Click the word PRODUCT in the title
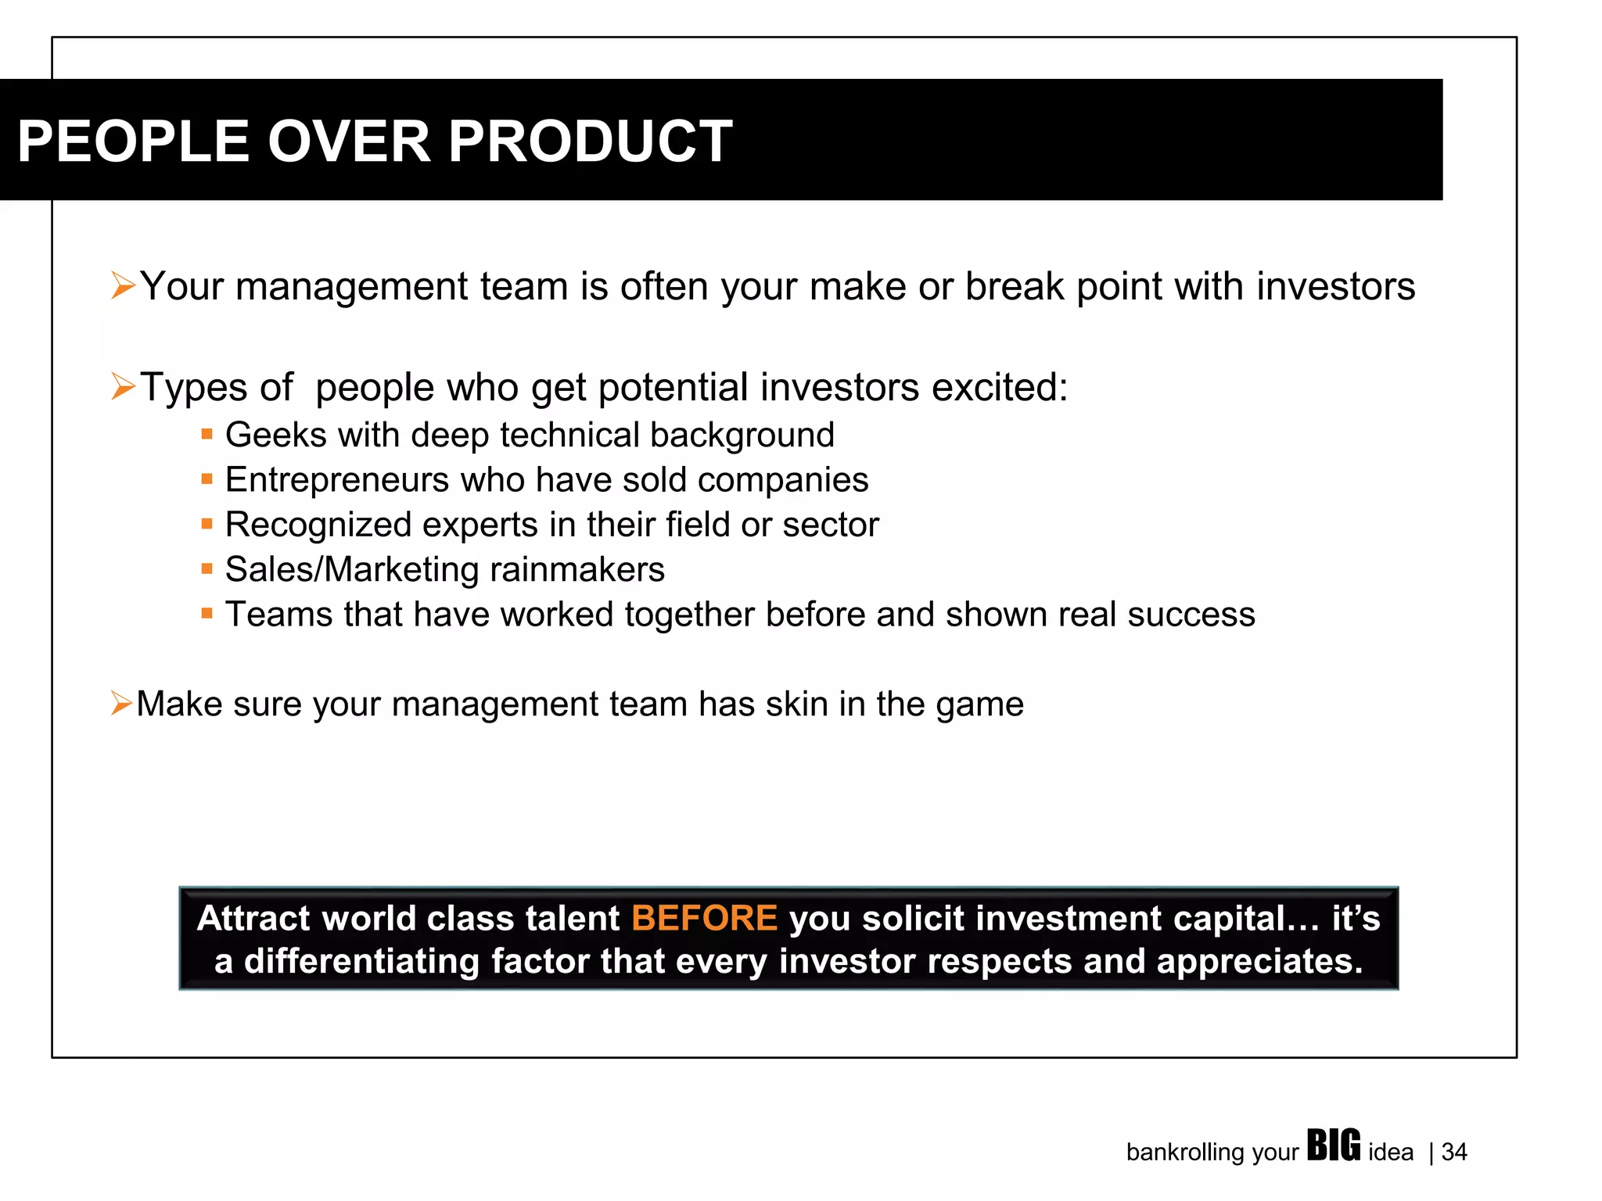point(590,142)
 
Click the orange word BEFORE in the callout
point(704,918)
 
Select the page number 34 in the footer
point(1454,1153)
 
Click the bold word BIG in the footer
point(1334,1146)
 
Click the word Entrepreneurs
point(336,480)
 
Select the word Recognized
point(318,525)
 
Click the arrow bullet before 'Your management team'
point(123,285)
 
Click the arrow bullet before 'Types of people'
point(123,386)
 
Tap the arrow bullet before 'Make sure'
point(121,703)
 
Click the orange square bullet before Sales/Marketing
point(207,568)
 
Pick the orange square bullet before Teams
point(207,613)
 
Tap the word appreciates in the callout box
point(1259,962)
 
